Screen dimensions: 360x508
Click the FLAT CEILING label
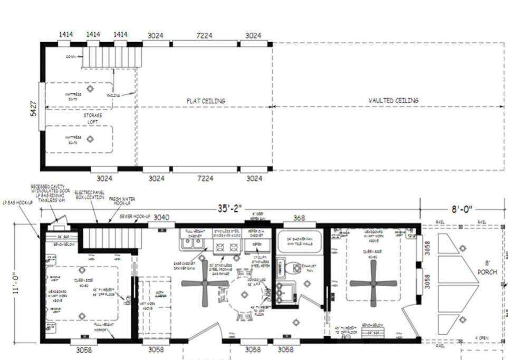(x=205, y=101)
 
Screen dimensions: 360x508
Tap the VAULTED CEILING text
(x=393, y=100)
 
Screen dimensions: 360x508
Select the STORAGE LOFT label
(x=93, y=118)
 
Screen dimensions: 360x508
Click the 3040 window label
(x=162, y=217)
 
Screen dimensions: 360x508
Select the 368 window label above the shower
(x=299, y=217)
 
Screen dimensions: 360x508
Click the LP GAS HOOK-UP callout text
(x=15, y=202)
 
